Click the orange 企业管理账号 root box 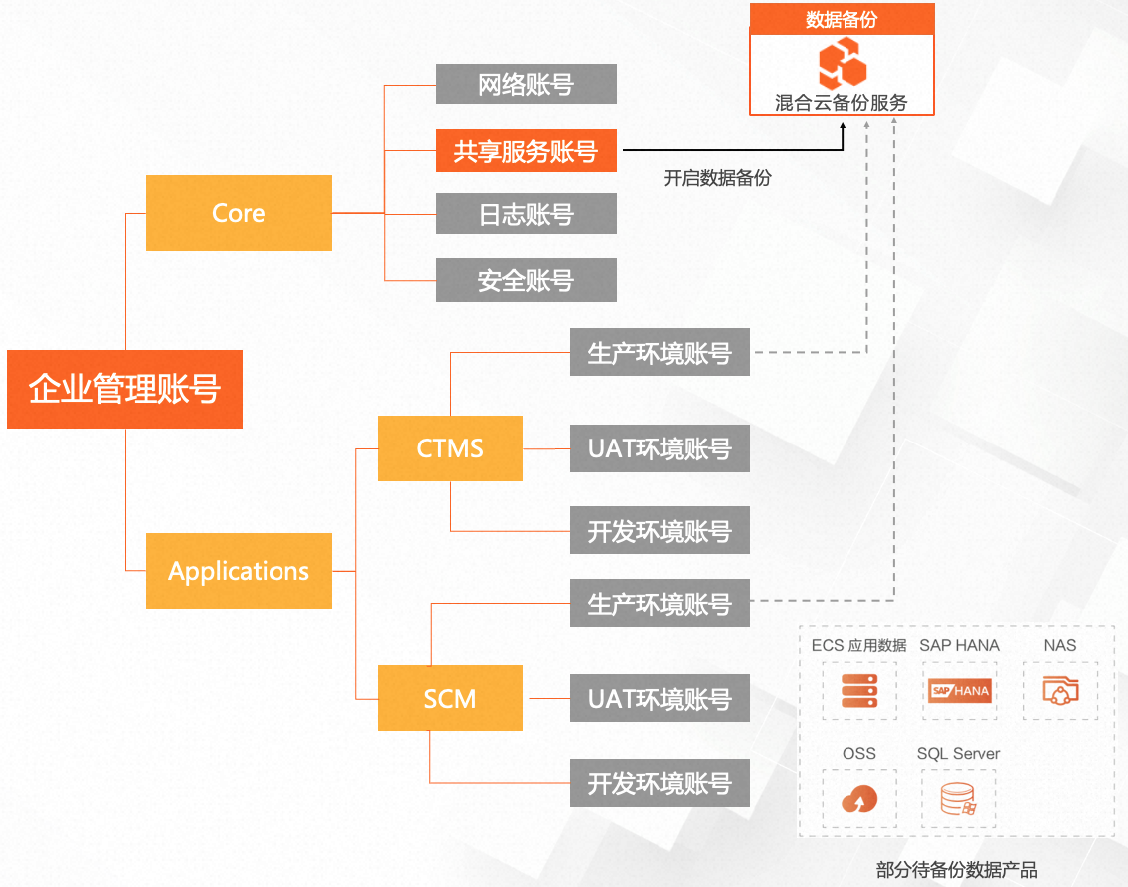click(125, 389)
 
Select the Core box click(239, 213)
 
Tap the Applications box click(239, 571)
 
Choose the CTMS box click(450, 448)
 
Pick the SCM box click(450, 699)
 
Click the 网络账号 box click(526, 84)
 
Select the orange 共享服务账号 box click(526, 151)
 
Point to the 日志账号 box click(526, 214)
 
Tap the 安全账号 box click(526, 280)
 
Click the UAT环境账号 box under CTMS click(659, 448)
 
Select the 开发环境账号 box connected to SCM click(659, 783)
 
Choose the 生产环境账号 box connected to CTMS click(659, 353)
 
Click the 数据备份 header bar click(842, 19)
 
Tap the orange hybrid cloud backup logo click(842, 64)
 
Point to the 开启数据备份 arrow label click(717, 178)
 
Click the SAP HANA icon click(959, 690)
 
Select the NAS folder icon click(1059, 690)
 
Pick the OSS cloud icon click(859, 798)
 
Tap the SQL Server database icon click(958, 798)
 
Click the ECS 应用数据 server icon click(859, 690)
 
